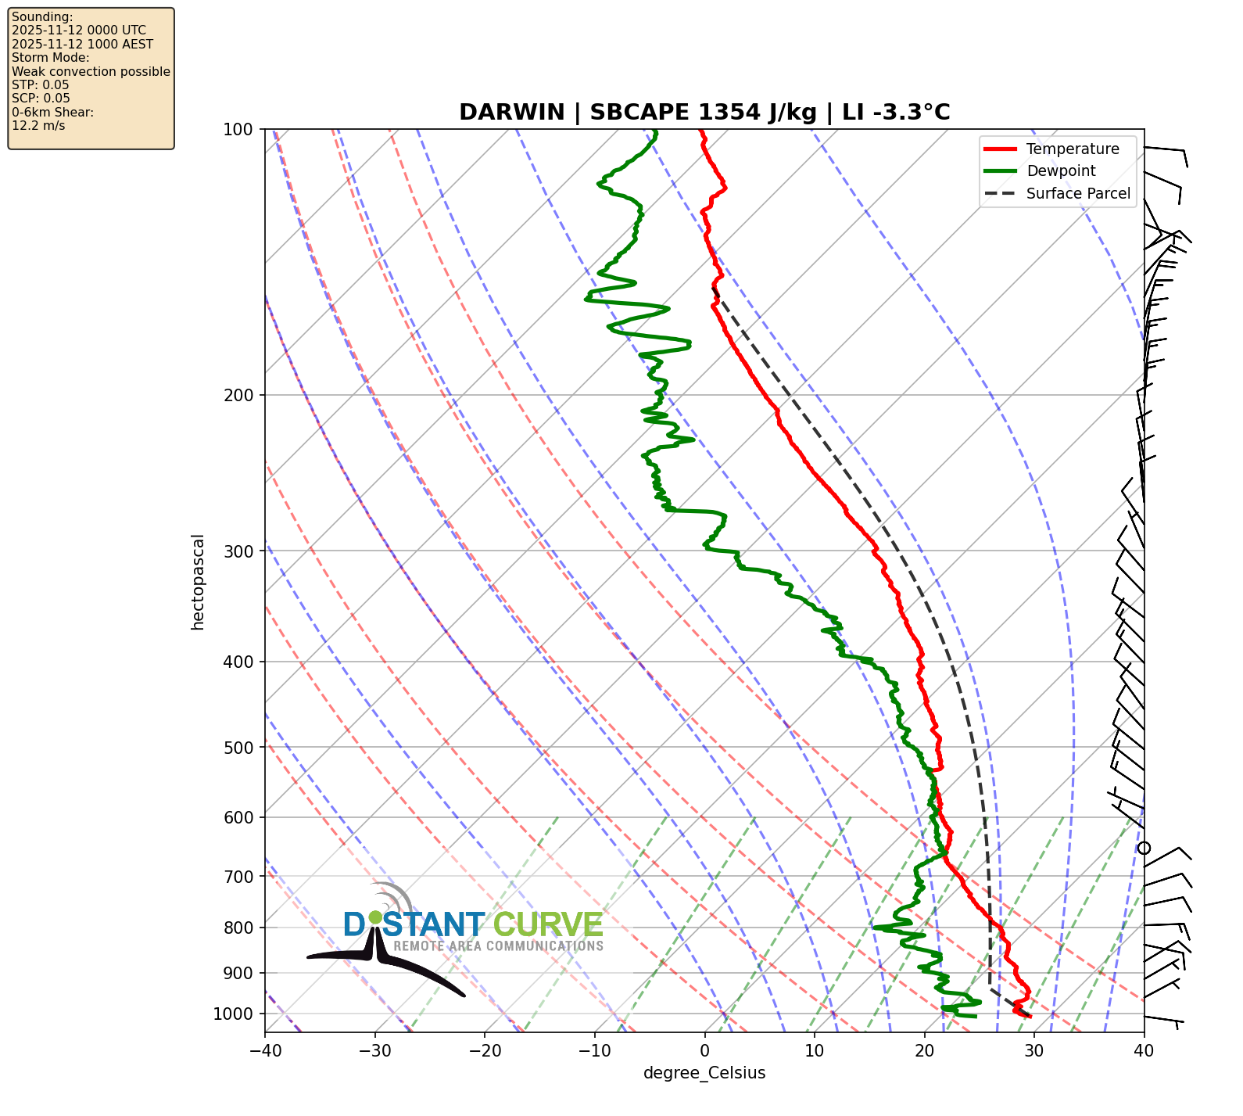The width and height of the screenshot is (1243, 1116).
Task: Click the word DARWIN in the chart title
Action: click(x=511, y=113)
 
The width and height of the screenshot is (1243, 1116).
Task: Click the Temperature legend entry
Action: click(x=1073, y=149)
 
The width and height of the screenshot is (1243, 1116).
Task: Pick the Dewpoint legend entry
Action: click(x=1061, y=171)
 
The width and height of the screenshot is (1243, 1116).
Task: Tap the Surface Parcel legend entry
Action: click(x=1078, y=194)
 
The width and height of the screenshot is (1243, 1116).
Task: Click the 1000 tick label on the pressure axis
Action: click(x=234, y=1014)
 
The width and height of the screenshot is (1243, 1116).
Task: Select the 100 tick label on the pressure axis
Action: click(x=238, y=129)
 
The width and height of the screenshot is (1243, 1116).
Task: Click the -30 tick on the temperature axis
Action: click(x=374, y=1050)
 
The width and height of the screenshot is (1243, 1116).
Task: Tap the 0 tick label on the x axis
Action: click(x=704, y=1050)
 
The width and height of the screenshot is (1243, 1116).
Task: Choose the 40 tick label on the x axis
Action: click(x=1144, y=1050)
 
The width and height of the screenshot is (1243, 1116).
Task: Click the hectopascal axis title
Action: click(x=198, y=581)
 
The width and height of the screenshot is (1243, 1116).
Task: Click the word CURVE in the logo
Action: click(x=548, y=925)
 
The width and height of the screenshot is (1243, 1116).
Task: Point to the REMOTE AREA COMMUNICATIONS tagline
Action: click(x=499, y=946)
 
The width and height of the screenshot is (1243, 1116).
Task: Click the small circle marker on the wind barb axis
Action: click(x=1144, y=848)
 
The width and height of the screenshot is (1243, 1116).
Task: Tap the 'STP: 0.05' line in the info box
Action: click(x=41, y=85)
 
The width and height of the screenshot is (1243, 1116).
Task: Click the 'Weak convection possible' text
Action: click(x=91, y=72)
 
